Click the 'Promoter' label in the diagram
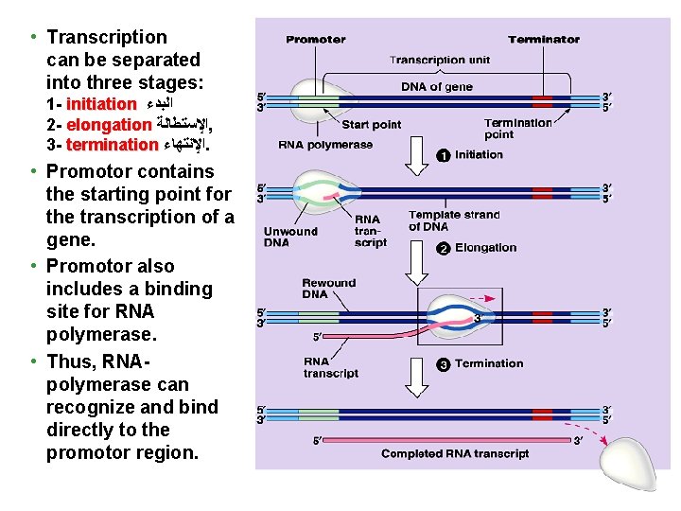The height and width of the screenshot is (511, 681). point(316,40)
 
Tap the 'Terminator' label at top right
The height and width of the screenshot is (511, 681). point(544,40)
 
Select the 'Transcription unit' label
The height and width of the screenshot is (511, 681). point(440,61)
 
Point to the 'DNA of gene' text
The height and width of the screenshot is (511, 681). point(437,87)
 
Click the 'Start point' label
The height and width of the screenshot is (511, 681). point(371,124)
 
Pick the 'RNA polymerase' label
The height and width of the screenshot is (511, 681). point(325,146)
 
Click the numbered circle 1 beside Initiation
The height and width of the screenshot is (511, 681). point(442,155)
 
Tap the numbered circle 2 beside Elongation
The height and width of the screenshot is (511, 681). point(442,248)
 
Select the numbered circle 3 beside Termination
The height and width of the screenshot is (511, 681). point(442,364)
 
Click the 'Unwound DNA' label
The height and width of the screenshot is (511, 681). point(290,237)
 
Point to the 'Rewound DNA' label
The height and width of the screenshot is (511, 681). point(328,288)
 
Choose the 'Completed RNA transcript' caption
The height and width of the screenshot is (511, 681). point(455,454)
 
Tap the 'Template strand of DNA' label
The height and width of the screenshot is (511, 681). point(453,220)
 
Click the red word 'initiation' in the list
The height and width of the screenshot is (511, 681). point(101,104)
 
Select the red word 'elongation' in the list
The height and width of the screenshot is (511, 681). point(110,125)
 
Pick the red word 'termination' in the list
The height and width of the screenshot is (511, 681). point(113,145)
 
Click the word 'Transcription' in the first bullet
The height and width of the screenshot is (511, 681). point(107,38)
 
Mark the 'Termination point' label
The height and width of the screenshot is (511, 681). point(517,129)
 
